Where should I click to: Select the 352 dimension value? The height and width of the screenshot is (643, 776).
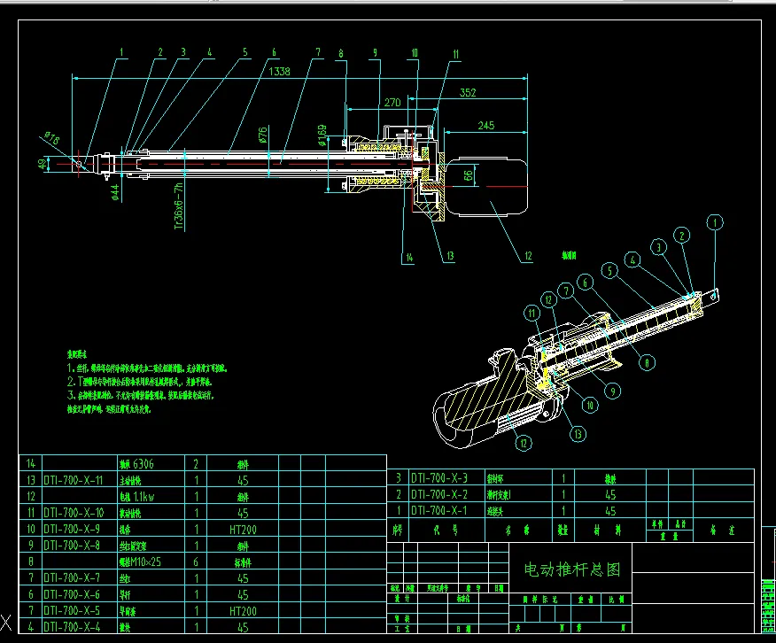467,91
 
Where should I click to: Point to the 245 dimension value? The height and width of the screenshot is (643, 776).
485,126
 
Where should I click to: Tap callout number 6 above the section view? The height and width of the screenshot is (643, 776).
275,52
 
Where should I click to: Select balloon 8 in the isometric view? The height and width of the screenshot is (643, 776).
649,361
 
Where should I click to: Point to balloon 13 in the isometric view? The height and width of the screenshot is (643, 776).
579,434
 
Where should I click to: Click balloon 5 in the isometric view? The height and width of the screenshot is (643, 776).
609,269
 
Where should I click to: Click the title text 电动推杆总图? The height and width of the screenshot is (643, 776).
573,569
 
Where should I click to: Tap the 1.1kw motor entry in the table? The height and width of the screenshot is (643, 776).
140,496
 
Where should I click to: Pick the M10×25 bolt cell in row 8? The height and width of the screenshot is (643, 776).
140,562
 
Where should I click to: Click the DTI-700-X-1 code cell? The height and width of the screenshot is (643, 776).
441,510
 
